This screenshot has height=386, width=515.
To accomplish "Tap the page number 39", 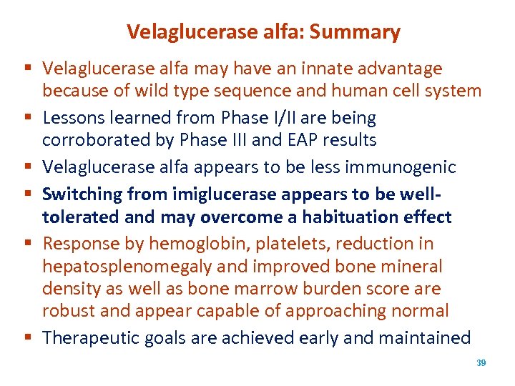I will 481,363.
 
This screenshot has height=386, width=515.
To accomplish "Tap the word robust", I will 67,311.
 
